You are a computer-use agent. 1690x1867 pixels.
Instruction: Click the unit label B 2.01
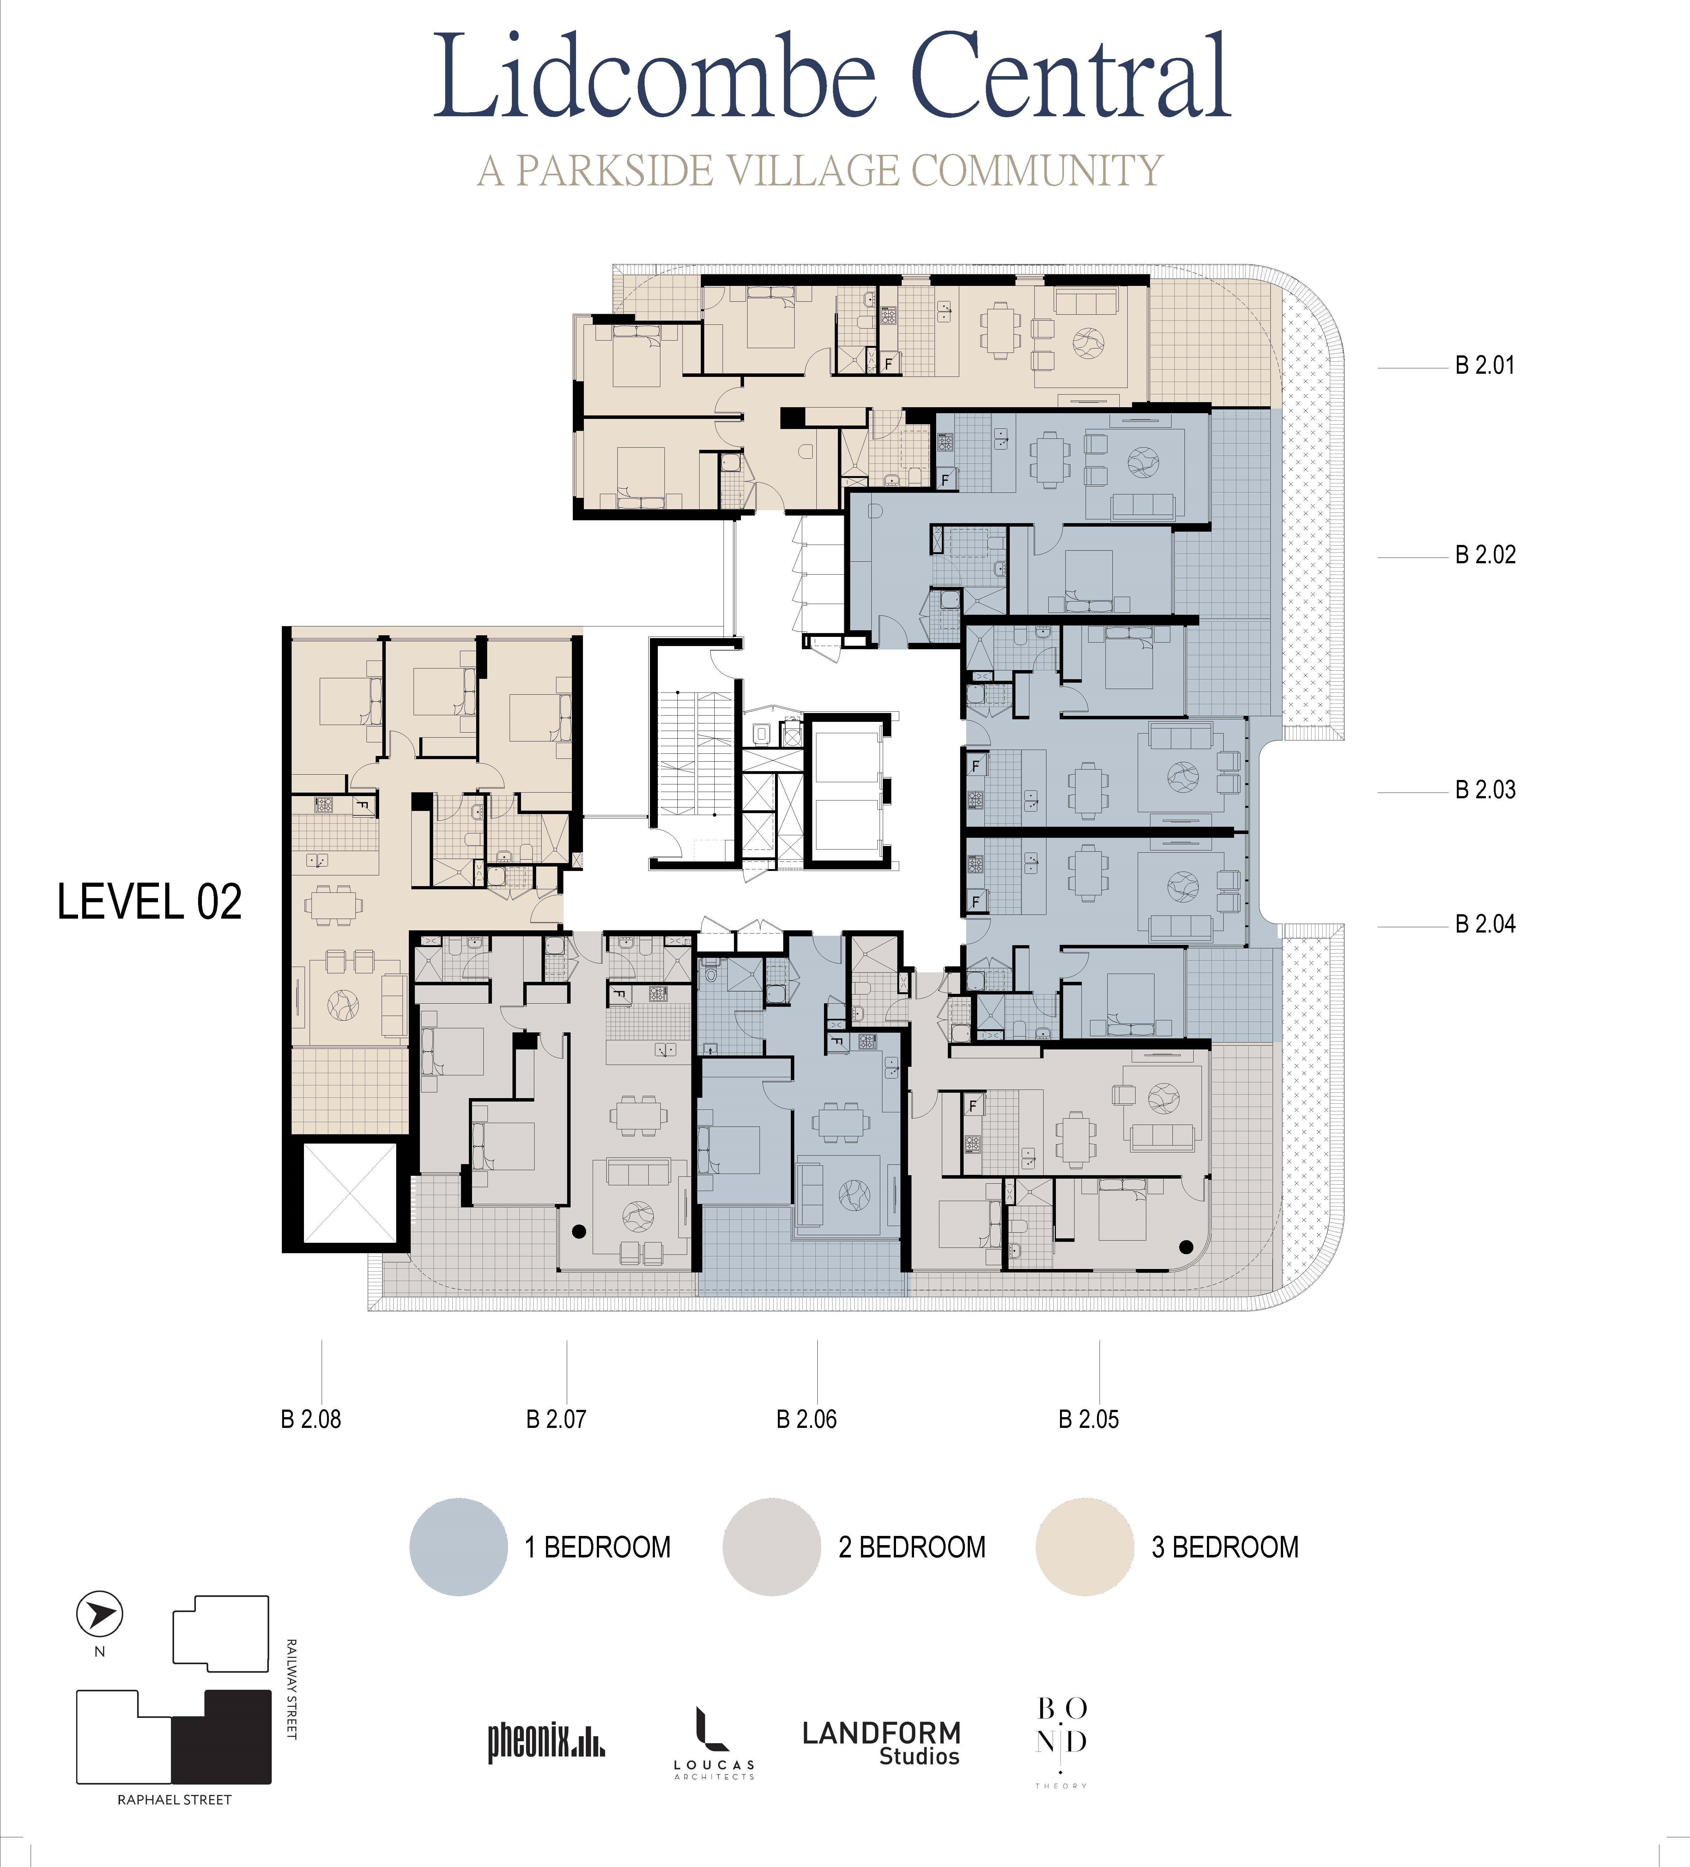click(x=1484, y=366)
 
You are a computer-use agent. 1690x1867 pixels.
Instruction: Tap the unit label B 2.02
click(x=1485, y=555)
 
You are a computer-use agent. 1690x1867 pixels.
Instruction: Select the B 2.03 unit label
click(x=1485, y=790)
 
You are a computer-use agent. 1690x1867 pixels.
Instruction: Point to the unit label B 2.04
click(x=1485, y=923)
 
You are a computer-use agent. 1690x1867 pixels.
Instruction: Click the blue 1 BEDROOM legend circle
click(x=458, y=1547)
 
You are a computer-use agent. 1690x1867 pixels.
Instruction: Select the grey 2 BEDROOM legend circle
click(x=771, y=1547)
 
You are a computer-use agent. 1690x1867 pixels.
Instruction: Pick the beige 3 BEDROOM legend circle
click(x=1084, y=1547)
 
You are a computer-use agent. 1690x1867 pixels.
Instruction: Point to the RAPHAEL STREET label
click(x=174, y=1799)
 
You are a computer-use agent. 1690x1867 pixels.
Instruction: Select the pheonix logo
click(x=546, y=1742)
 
